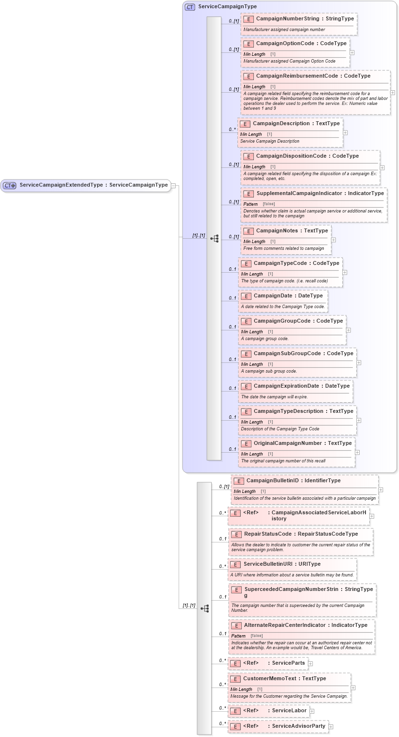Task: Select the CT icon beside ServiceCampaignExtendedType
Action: click(x=10, y=185)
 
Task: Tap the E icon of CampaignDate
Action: click(x=246, y=296)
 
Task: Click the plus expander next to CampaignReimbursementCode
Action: click(x=392, y=92)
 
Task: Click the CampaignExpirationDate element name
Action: click(x=287, y=386)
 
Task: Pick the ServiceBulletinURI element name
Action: click(x=268, y=564)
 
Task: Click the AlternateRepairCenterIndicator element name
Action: click(x=284, y=625)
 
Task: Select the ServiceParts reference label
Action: click(x=288, y=663)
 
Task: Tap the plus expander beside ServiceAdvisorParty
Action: click(x=331, y=726)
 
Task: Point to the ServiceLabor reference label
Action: click(x=289, y=710)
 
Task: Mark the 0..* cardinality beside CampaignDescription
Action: click(x=233, y=130)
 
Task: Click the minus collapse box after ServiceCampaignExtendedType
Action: click(x=173, y=185)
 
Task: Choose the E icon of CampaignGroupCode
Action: click(x=246, y=321)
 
